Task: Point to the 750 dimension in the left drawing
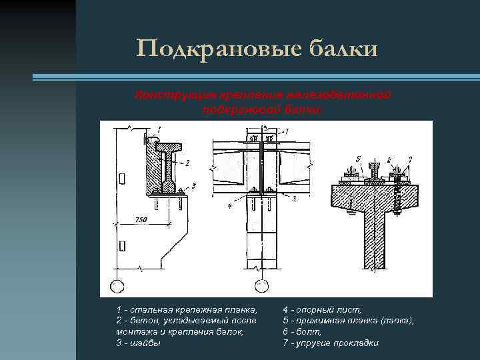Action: pos(141,219)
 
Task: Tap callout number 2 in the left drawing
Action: pos(188,162)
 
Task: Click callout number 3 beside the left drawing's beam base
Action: pos(193,185)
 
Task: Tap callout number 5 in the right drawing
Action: pos(358,157)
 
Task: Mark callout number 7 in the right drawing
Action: pos(410,157)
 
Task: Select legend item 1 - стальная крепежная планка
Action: pos(186,310)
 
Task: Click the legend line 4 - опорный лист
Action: pos(323,310)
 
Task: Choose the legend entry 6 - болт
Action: pos(303,331)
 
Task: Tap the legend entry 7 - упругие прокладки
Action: pos(331,343)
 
